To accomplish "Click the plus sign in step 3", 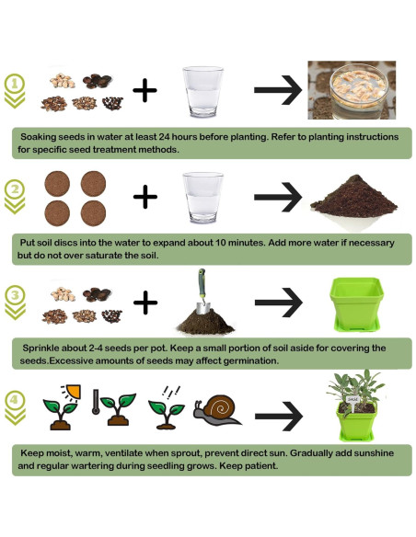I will pyautogui.click(x=145, y=301).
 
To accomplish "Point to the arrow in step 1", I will pyautogui.click(x=275, y=90).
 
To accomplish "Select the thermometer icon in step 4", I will pyautogui.click(x=98, y=405).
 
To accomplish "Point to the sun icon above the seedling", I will pyautogui.click(x=66, y=387).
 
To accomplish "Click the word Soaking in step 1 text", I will pyautogui.click(x=41, y=136).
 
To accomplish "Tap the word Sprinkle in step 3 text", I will pyautogui.click(x=43, y=348).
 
